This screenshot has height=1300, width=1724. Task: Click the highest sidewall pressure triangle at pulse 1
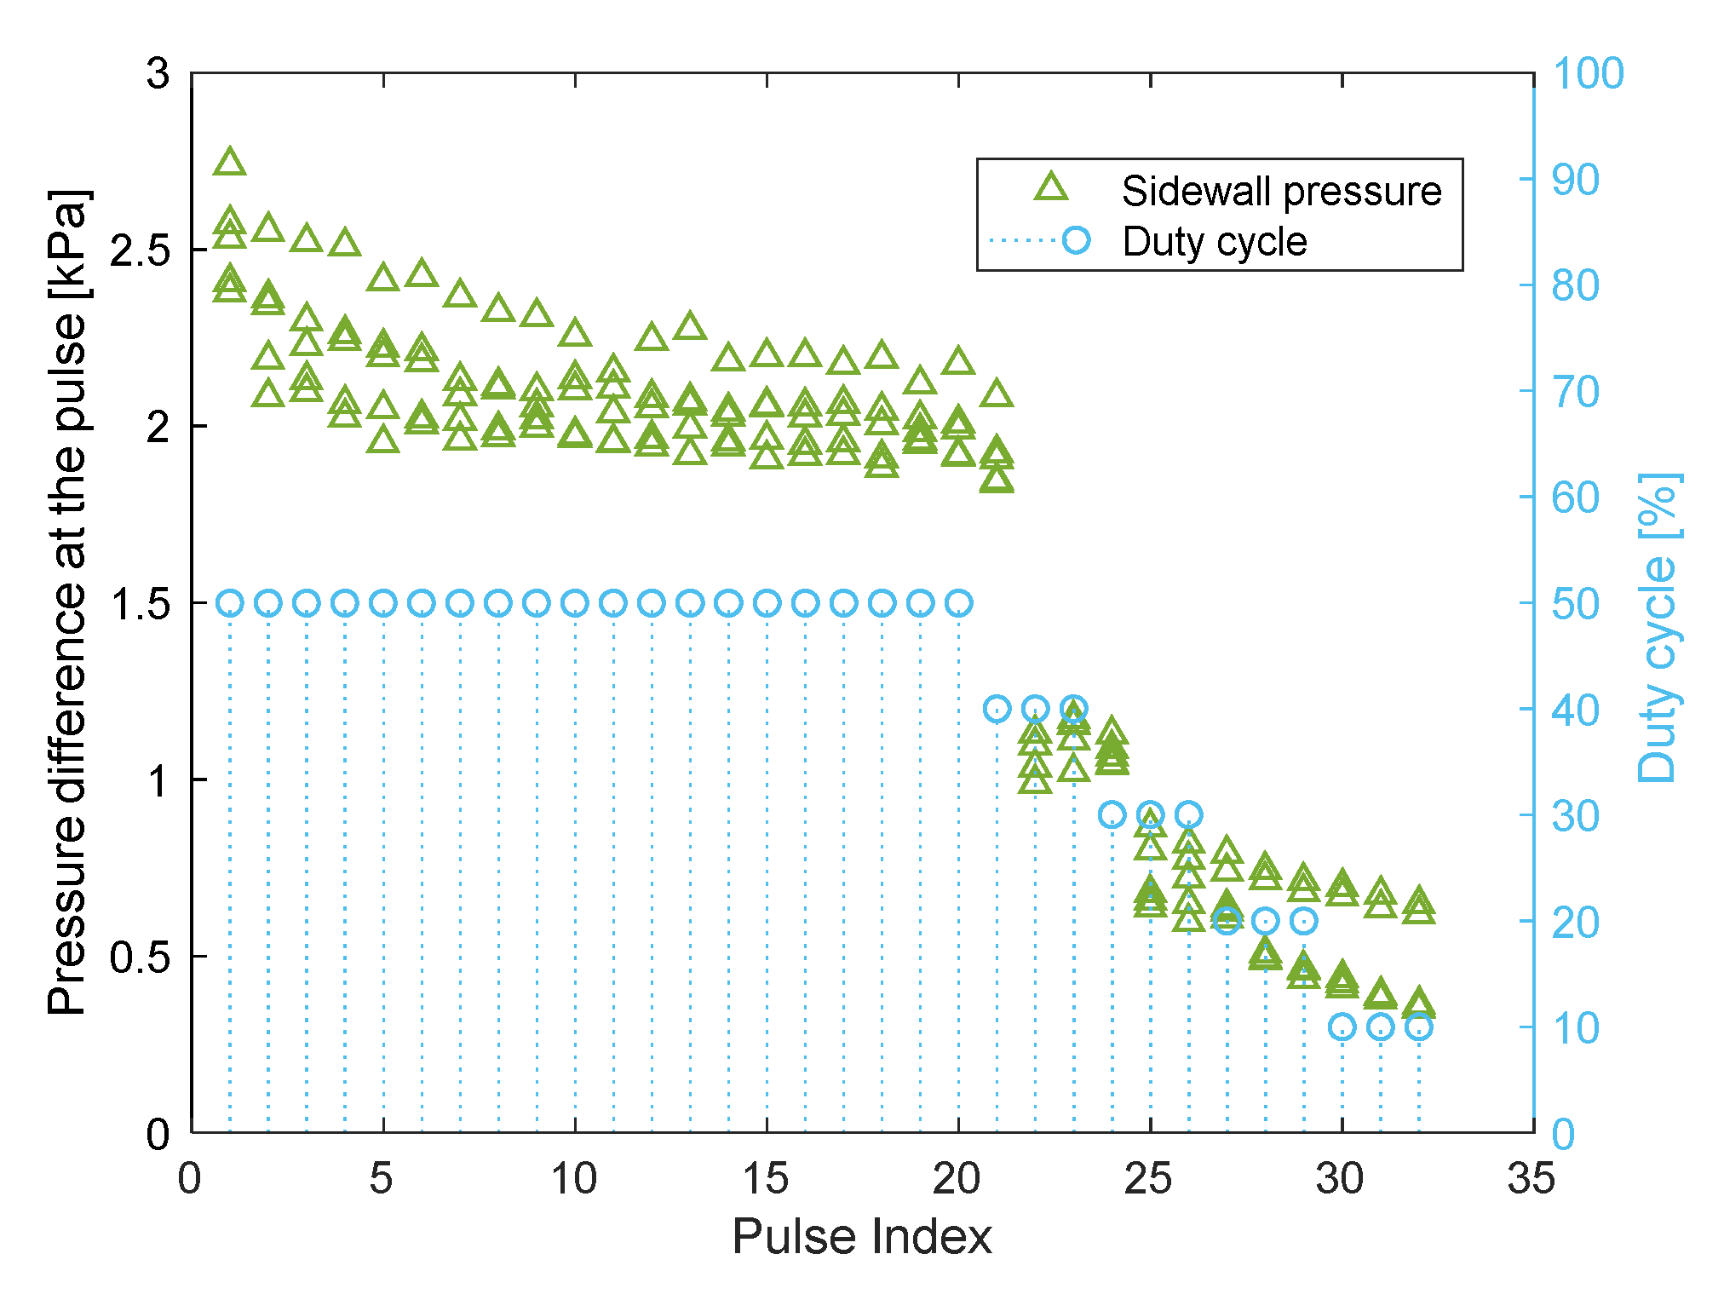(x=230, y=162)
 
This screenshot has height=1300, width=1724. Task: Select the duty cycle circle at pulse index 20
(x=959, y=604)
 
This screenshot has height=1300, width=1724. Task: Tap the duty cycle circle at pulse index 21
(x=997, y=709)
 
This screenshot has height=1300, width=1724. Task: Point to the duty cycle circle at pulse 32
(x=1419, y=1027)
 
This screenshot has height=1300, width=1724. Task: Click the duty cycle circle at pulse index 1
(x=230, y=604)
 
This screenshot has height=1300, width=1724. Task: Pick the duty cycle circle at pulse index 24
(x=1112, y=815)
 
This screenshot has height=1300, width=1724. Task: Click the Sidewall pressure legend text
(x=1281, y=191)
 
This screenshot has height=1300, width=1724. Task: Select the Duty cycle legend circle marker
(x=1077, y=240)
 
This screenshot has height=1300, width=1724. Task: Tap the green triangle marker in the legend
(x=1051, y=187)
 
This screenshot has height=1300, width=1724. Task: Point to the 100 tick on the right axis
(x=1588, y=73)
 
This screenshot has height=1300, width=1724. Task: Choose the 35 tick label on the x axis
(x=1531, y=1179)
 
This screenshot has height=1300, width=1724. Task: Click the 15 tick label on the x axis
(x=766, y=1179)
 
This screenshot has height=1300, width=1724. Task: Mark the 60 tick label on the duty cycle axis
(x=1576, y=498)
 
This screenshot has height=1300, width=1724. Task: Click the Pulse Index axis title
(x=862, y=1237)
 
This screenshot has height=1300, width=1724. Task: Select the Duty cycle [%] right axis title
(x=1658, y=628)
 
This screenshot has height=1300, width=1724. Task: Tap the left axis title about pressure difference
(x=68, y=602)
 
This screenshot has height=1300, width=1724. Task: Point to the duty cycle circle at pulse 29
(x=1304, y=921)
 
